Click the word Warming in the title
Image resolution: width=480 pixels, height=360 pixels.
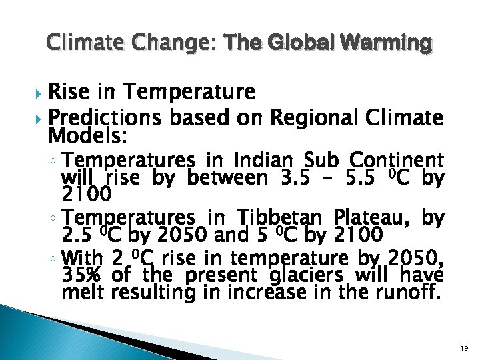pos(385,44)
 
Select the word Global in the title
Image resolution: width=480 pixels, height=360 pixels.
pos(301,44)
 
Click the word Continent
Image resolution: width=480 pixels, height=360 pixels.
pos(397,161)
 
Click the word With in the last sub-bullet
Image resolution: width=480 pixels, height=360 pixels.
pos(84,257)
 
